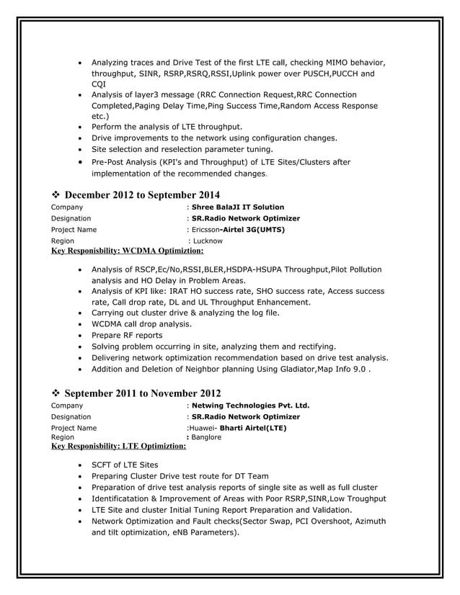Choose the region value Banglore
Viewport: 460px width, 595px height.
(206, 437)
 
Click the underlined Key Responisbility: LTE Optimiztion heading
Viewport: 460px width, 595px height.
(118, 447)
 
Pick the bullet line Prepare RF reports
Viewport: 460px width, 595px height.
(127, 336)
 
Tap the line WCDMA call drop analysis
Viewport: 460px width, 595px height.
(141, 324)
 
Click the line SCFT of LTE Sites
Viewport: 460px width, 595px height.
(125, 465)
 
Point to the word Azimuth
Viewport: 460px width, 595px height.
(368, 521)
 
